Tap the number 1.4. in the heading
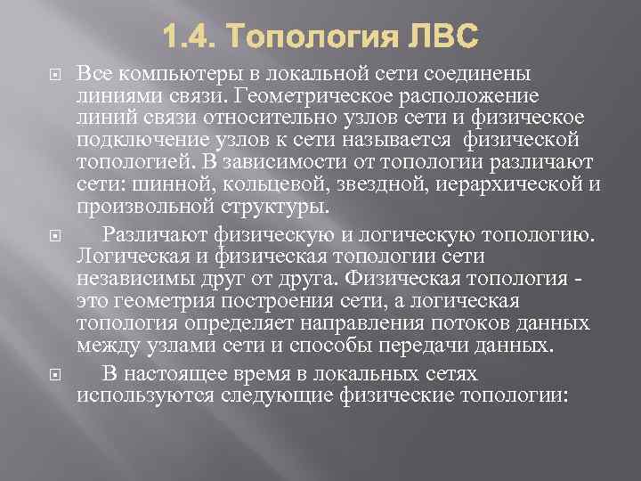[x=191, y=37]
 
